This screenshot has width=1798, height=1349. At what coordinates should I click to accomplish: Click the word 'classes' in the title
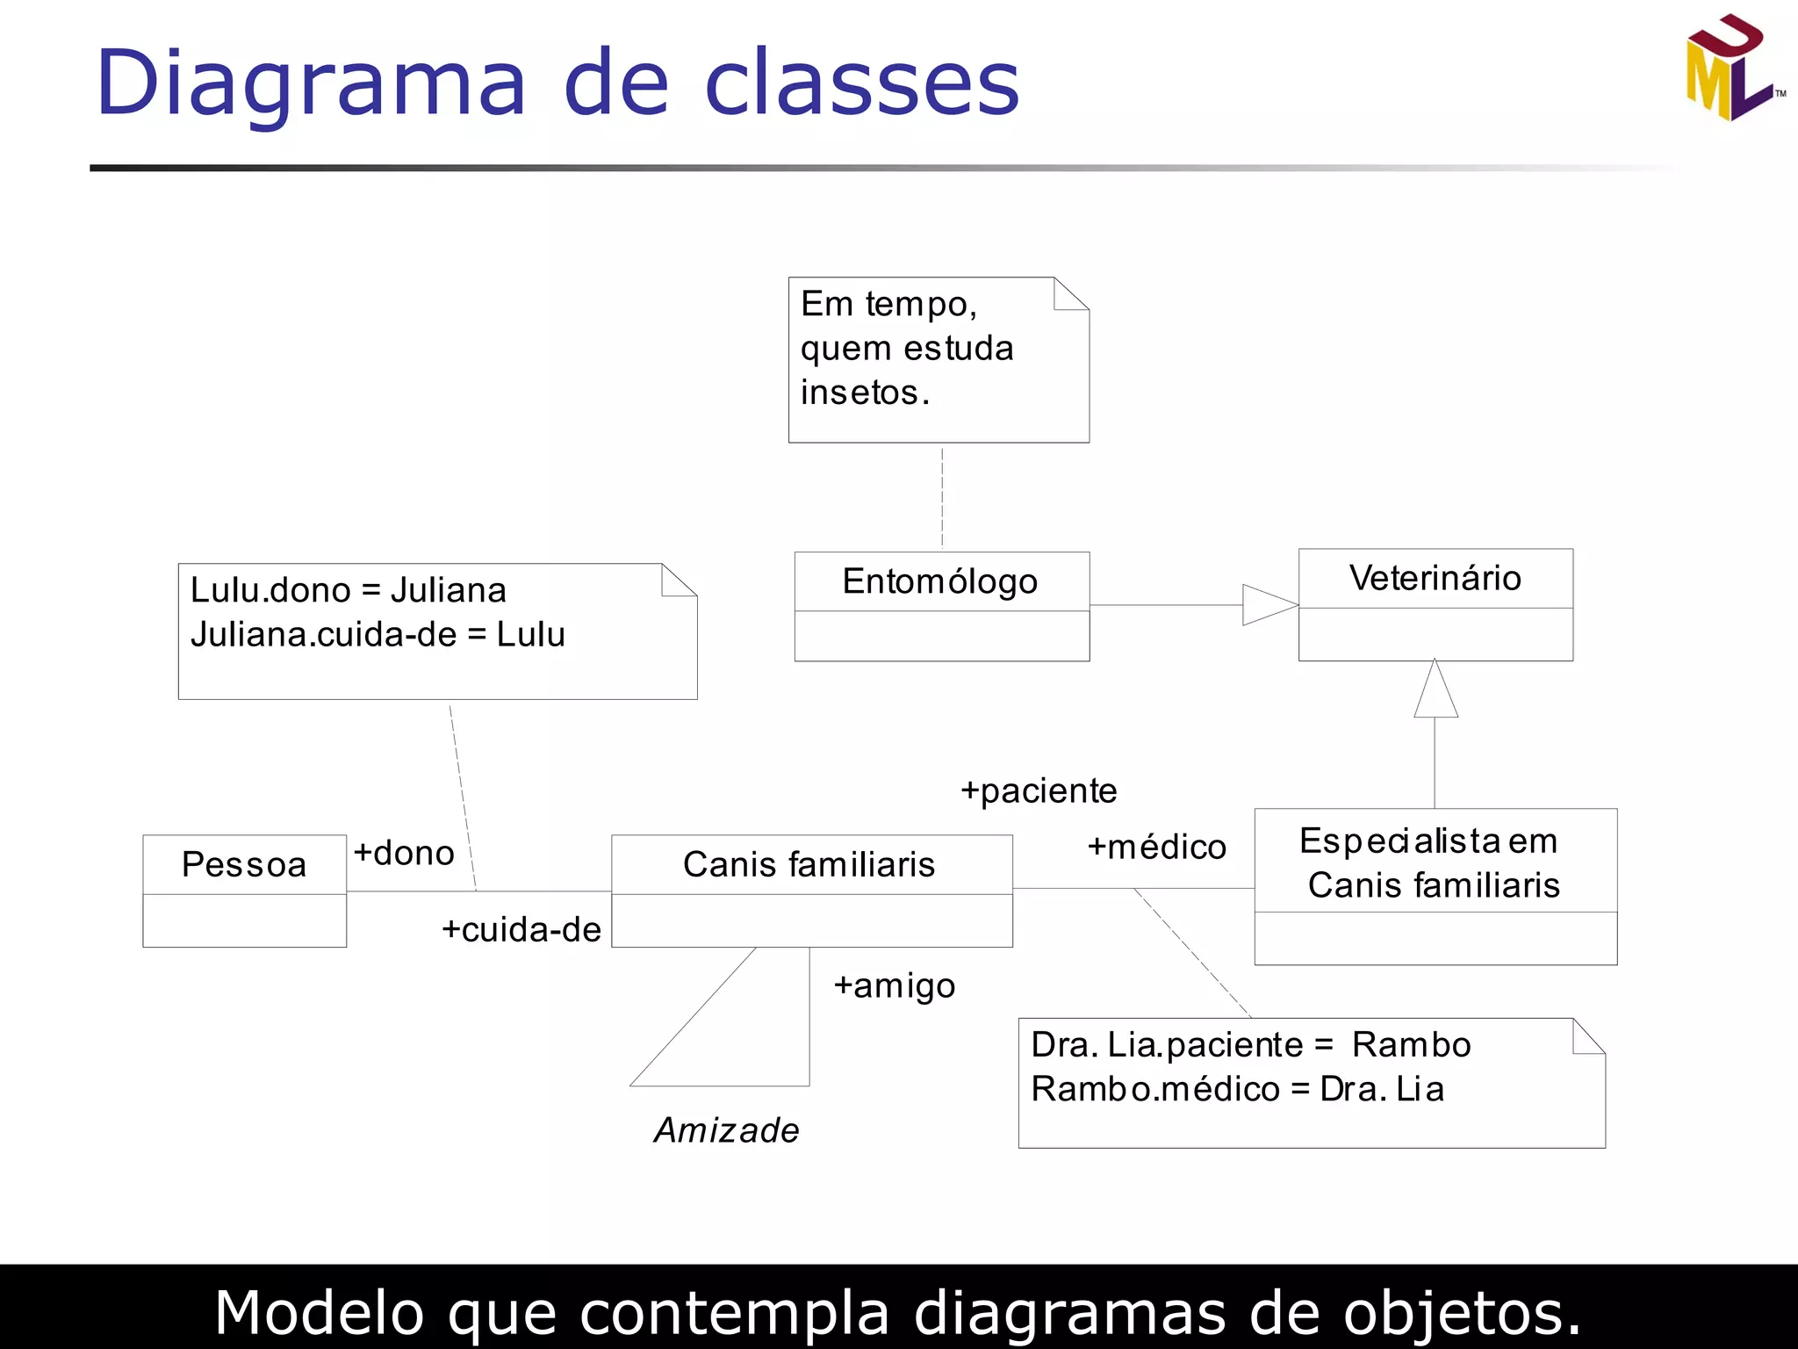click(x=861, y=83)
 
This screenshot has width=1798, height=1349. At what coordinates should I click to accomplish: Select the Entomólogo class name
click(x=939, y=581)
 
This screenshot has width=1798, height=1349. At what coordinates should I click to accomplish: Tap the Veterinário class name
click(x=1435, y=578)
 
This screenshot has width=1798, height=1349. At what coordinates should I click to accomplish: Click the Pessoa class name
click(x=244, y=864)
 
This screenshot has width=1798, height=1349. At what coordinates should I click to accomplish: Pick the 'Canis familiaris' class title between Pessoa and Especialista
click(x=809, y=864)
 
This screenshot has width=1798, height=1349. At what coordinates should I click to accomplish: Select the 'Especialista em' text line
click(x=1428, y=840)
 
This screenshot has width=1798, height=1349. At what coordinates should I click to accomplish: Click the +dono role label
click(x=404, y=853)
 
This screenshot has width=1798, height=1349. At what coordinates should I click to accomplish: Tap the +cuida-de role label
click(x=521, y=929)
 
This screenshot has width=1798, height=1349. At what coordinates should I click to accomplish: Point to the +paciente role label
click(x=1039, y=790)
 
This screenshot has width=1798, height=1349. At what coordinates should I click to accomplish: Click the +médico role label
click(x=1156, y=847)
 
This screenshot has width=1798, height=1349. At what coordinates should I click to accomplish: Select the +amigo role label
click(x=894, y=985)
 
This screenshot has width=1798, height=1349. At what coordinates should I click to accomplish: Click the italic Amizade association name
click(x=727, y=1130)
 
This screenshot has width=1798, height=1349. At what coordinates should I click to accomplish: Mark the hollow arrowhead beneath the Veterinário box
click(x=1435, y=691)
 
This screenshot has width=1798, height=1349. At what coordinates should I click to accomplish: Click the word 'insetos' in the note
click(x=859, y=393)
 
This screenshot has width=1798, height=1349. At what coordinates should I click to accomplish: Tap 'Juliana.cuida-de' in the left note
click(x=323, y=634)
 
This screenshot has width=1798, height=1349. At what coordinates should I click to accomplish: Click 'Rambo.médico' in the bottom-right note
click(x=1154, y=1089)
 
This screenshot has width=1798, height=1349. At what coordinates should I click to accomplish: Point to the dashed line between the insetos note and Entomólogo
click(x=942, y=498)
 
